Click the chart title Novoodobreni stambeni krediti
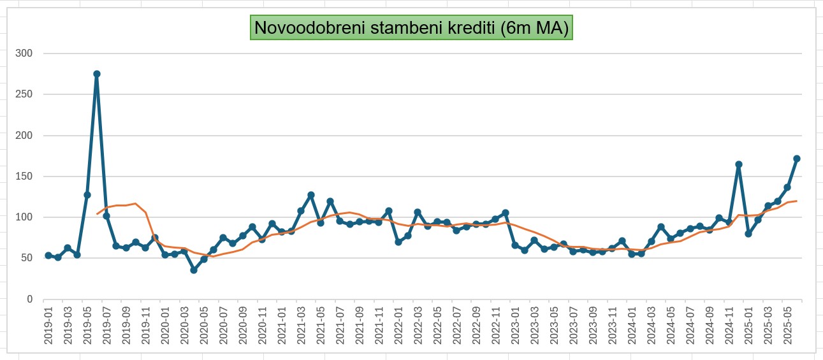click(411, 28)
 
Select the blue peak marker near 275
click(97, 74)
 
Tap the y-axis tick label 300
click(25, 54)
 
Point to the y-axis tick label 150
click(25, 176)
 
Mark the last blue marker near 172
click(797, 159)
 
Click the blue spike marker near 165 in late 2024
click(738, 164)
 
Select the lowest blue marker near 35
click(194, 270)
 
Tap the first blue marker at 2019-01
click(48, 256)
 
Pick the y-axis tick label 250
click(25, 94)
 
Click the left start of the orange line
click(97, 214)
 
